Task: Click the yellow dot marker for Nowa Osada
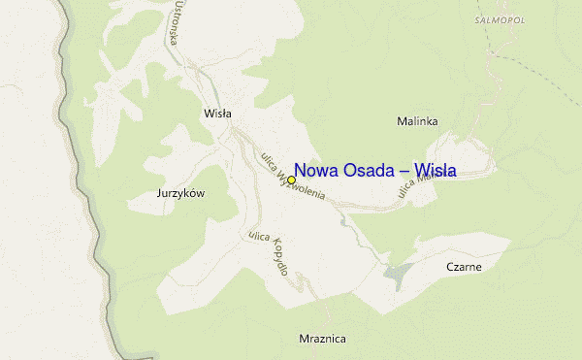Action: coord(291,180)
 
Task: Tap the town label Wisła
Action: coord(217,114)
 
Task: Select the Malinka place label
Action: coord(417,121)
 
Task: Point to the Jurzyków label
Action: coord(180,193)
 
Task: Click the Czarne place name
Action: coord(464,267)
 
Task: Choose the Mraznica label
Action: coord(323,339)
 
